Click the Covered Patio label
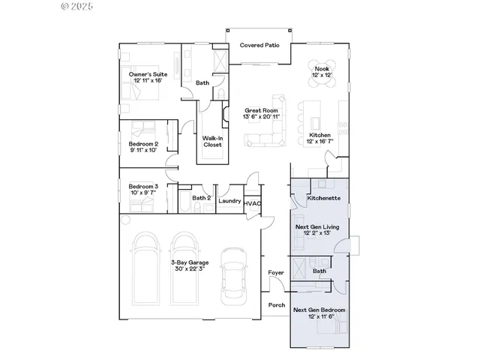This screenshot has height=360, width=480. [259, 46]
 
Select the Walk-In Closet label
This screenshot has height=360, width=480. [211, 142]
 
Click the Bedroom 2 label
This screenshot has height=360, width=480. [142, 146]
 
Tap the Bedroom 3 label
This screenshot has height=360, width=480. [142, 190]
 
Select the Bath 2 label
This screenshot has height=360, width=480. [199, 198]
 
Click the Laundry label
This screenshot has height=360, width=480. [229, 201]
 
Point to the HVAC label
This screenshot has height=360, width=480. [253, 202]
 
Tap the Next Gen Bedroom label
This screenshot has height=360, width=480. [319, 313]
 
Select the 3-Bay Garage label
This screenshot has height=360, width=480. [189, 266]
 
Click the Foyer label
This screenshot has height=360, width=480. [275, 273]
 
